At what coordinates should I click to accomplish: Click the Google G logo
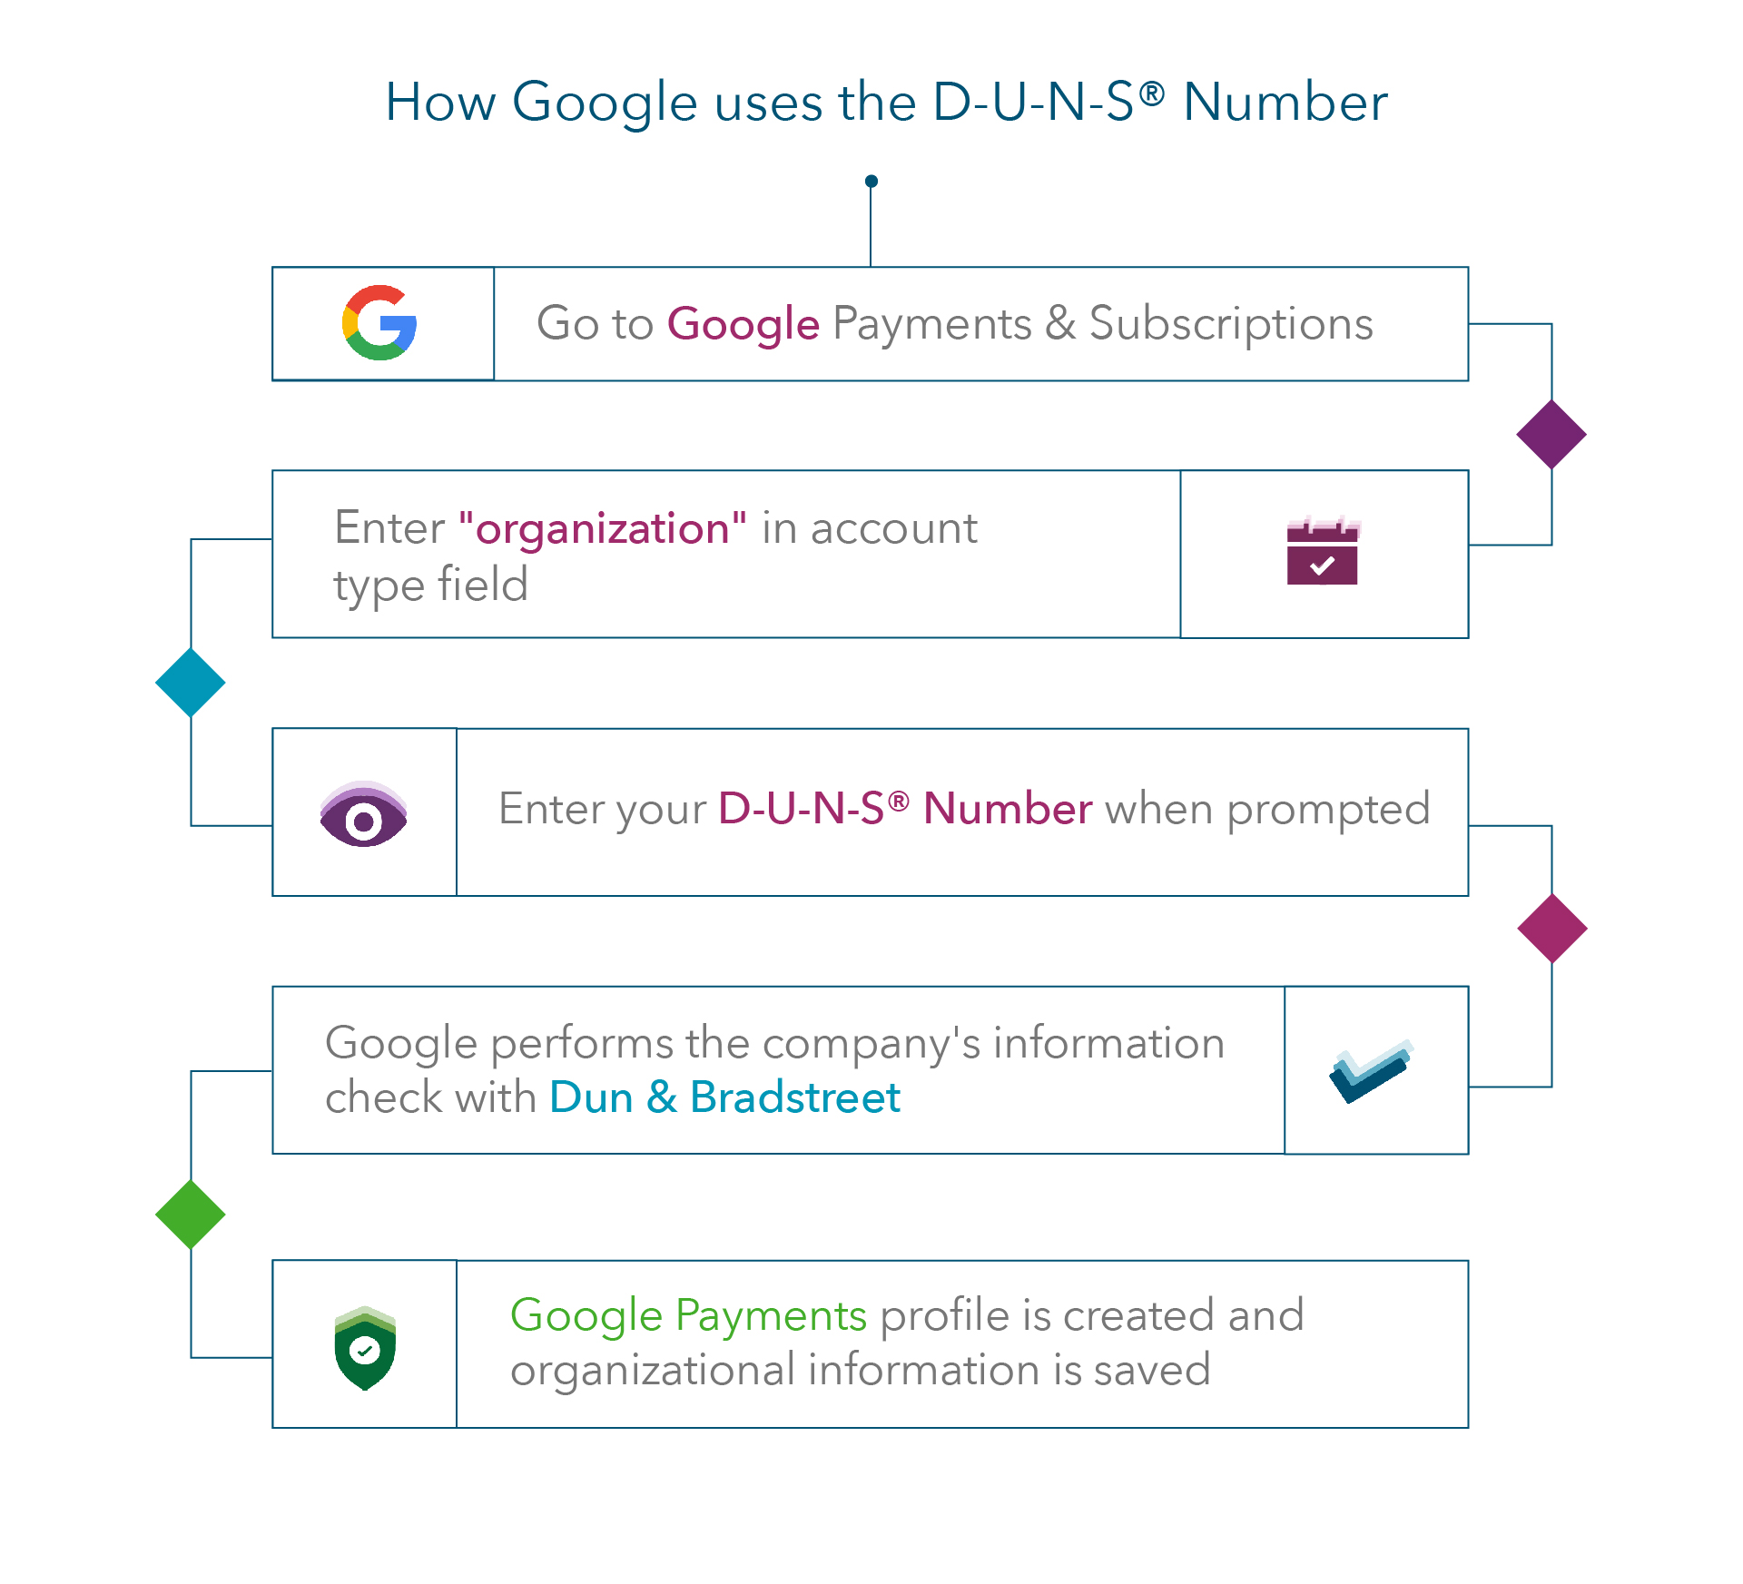tap(379, 323)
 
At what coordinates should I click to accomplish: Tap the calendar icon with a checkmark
tap(1322, 552)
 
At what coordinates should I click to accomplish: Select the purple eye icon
tap(363, 814)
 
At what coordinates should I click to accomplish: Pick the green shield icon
tap(365, 1348)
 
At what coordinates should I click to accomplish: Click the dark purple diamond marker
tap(1551, 435)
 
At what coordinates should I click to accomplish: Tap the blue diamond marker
tap(191, 683)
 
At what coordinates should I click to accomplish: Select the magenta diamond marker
tap(1551, 928)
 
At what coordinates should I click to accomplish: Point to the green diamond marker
tap(191, 1215)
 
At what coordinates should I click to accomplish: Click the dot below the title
tap(871, 182)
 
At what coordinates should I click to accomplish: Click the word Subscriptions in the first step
tap(1231, 324)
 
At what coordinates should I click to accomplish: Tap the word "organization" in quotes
tap(603, 528)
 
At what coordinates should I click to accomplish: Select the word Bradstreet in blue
tap(794, 1097)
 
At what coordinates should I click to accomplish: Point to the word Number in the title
tap(1285, 102)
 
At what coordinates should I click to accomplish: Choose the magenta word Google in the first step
tap(743, 325)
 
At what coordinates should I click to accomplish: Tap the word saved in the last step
tap(1152, 1370)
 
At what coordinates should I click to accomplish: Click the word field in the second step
tap(482, 584)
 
